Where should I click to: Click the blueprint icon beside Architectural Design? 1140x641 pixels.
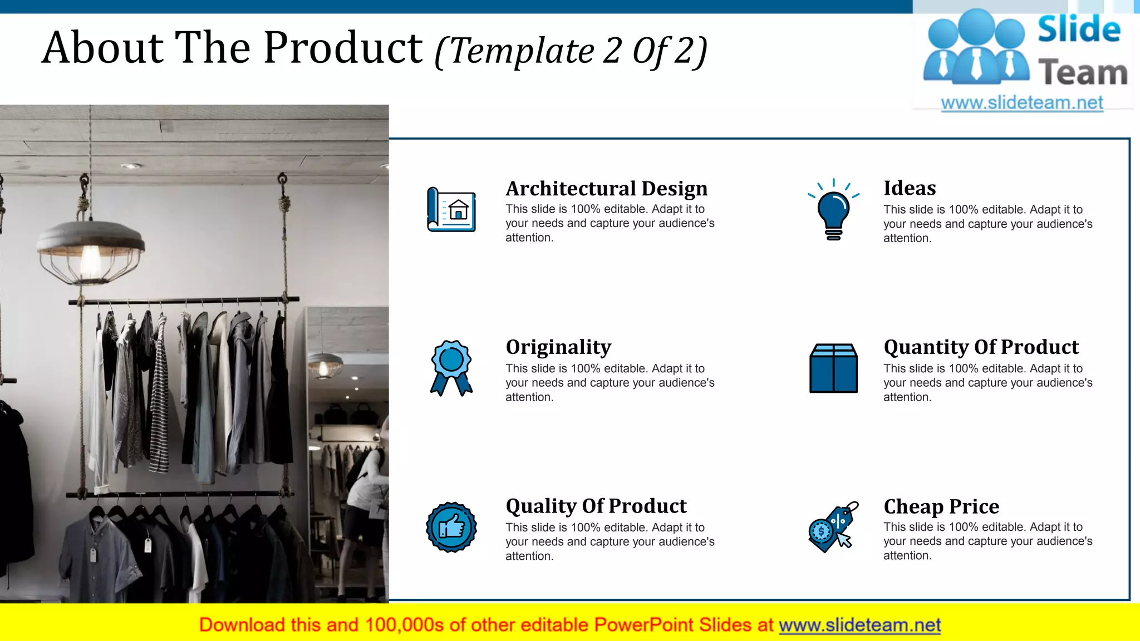[451, 210]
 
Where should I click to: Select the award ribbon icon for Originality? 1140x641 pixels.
[451, 367]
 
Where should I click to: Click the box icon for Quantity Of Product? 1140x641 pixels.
[833, 368]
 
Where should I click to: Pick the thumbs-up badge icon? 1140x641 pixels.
[451, 527]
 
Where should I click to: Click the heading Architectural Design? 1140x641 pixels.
[606, 189]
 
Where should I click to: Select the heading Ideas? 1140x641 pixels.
[910, 188]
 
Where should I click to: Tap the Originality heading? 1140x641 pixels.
[558, 347]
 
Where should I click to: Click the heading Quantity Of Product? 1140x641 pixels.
[981, 347]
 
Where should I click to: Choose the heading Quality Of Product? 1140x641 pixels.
[596, 506]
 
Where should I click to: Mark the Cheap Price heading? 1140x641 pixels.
[941, 506]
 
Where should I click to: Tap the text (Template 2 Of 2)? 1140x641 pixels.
[571, 51]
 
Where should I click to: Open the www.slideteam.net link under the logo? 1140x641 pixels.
[1021, 103]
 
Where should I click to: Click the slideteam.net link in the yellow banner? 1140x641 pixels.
[859, 625]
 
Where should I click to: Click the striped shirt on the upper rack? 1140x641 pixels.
[159, 401]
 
